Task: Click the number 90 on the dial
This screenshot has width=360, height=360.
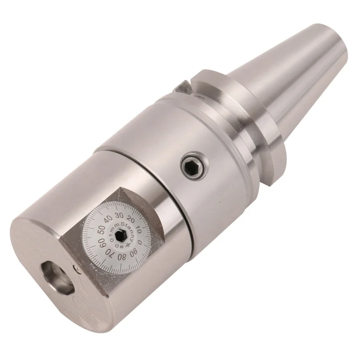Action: pyautogui.click(x=134, y=252)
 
